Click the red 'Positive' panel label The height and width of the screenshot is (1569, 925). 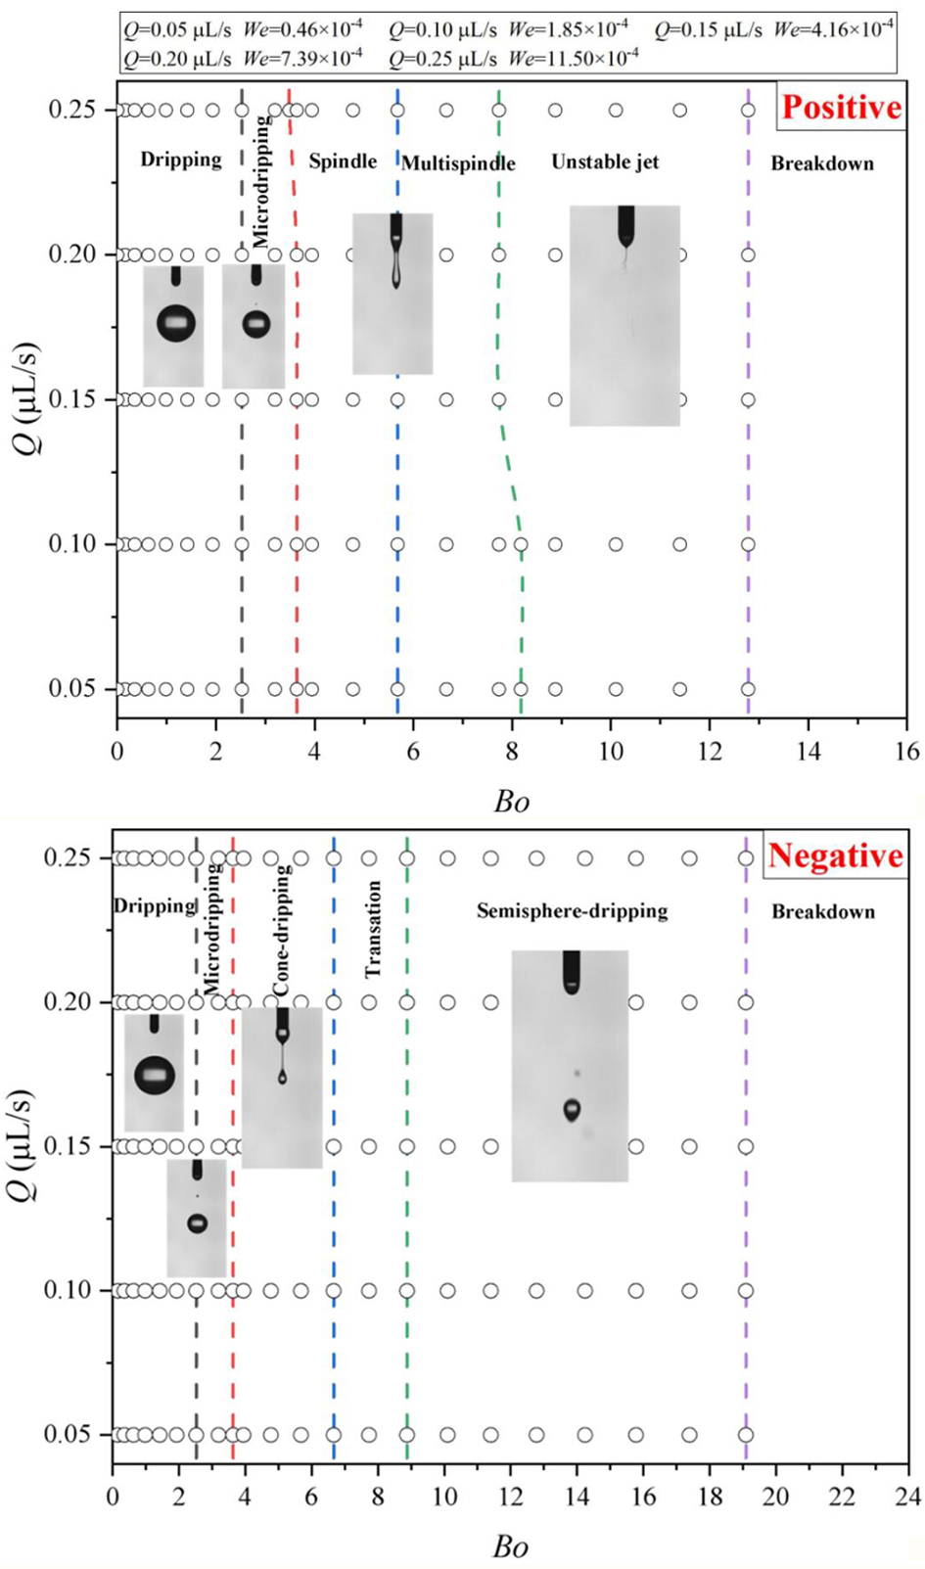click(841, 107)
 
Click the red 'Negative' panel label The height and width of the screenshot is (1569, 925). click(835, 855)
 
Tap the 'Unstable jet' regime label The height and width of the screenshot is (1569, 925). click(605, 162)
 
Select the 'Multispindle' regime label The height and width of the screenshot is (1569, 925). click(458, 163)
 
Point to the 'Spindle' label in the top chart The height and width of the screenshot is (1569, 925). click(343, 162)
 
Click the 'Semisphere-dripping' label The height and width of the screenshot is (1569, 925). click(572, 911)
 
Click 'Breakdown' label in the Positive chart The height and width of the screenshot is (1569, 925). click(822, 163)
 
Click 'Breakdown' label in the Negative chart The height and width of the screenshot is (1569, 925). click(823, 912)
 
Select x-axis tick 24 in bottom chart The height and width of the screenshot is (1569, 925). click(908, 1498)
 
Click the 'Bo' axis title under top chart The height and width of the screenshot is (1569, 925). click(511, 802)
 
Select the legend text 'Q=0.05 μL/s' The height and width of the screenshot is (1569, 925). click(177, 29)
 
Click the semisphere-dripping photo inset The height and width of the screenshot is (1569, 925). click(570, 1065)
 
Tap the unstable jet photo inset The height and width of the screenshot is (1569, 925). click(624, 315)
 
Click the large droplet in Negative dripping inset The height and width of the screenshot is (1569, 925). click(154, 1075)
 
